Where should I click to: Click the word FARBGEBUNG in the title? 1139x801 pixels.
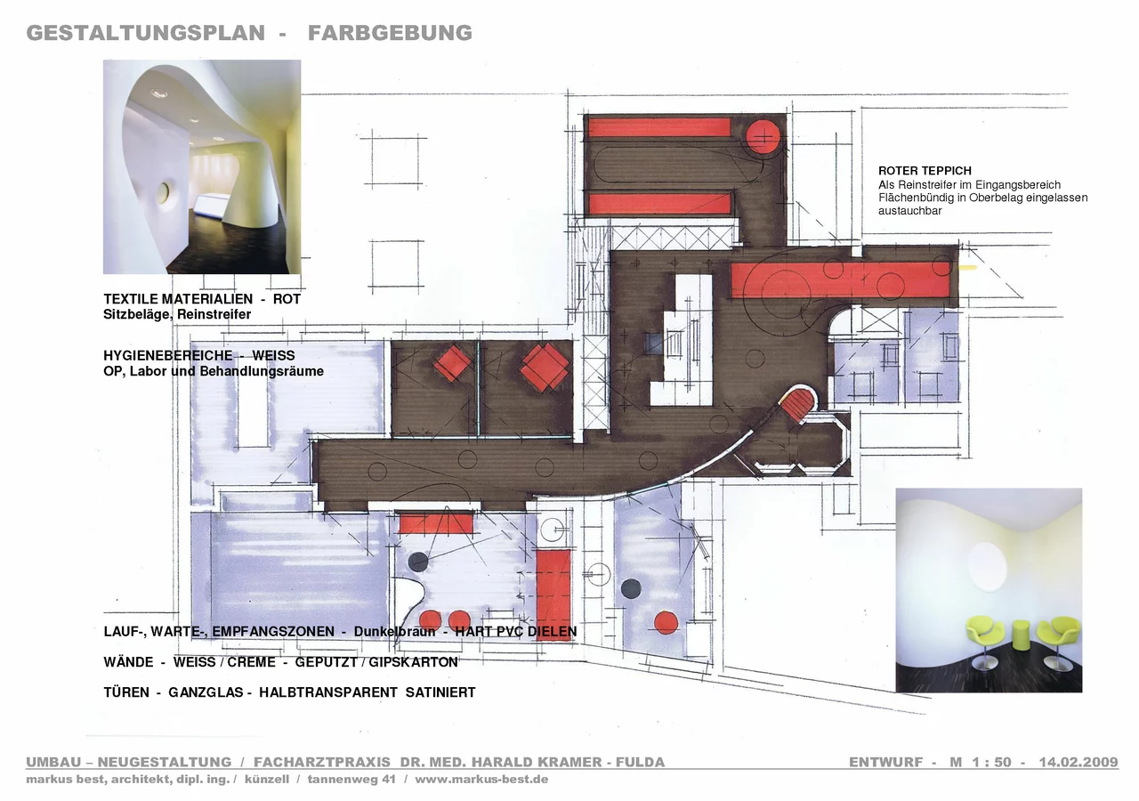[390, 33]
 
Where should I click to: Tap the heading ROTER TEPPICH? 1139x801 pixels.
[925, 171]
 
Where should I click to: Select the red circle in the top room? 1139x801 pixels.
[763, 136]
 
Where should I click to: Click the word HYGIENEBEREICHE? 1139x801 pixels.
[168, 355]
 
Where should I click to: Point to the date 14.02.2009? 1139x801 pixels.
[1078, 762]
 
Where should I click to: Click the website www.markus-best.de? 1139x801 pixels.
[481, 779]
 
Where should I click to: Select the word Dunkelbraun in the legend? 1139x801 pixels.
[394, 632]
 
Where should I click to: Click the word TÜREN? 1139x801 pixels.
[126, 692]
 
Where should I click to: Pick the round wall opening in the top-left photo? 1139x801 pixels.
[163, 192]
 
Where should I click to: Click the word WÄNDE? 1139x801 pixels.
[128, 662]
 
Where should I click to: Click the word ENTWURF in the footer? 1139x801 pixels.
[885, 762]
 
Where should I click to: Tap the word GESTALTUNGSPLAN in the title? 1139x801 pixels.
[146, 33]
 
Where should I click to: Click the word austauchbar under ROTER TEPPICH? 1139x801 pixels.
[910, 211]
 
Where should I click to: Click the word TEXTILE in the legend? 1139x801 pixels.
[131, 299]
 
